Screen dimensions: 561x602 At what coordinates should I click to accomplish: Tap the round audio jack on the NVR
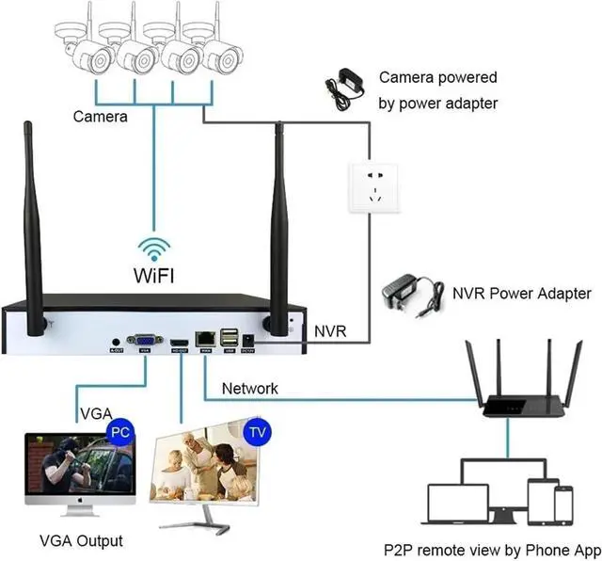116,342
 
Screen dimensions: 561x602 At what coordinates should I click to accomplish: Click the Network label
249,388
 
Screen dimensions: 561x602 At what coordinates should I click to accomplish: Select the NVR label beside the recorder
330,331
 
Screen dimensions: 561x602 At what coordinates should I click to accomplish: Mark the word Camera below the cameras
101,117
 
